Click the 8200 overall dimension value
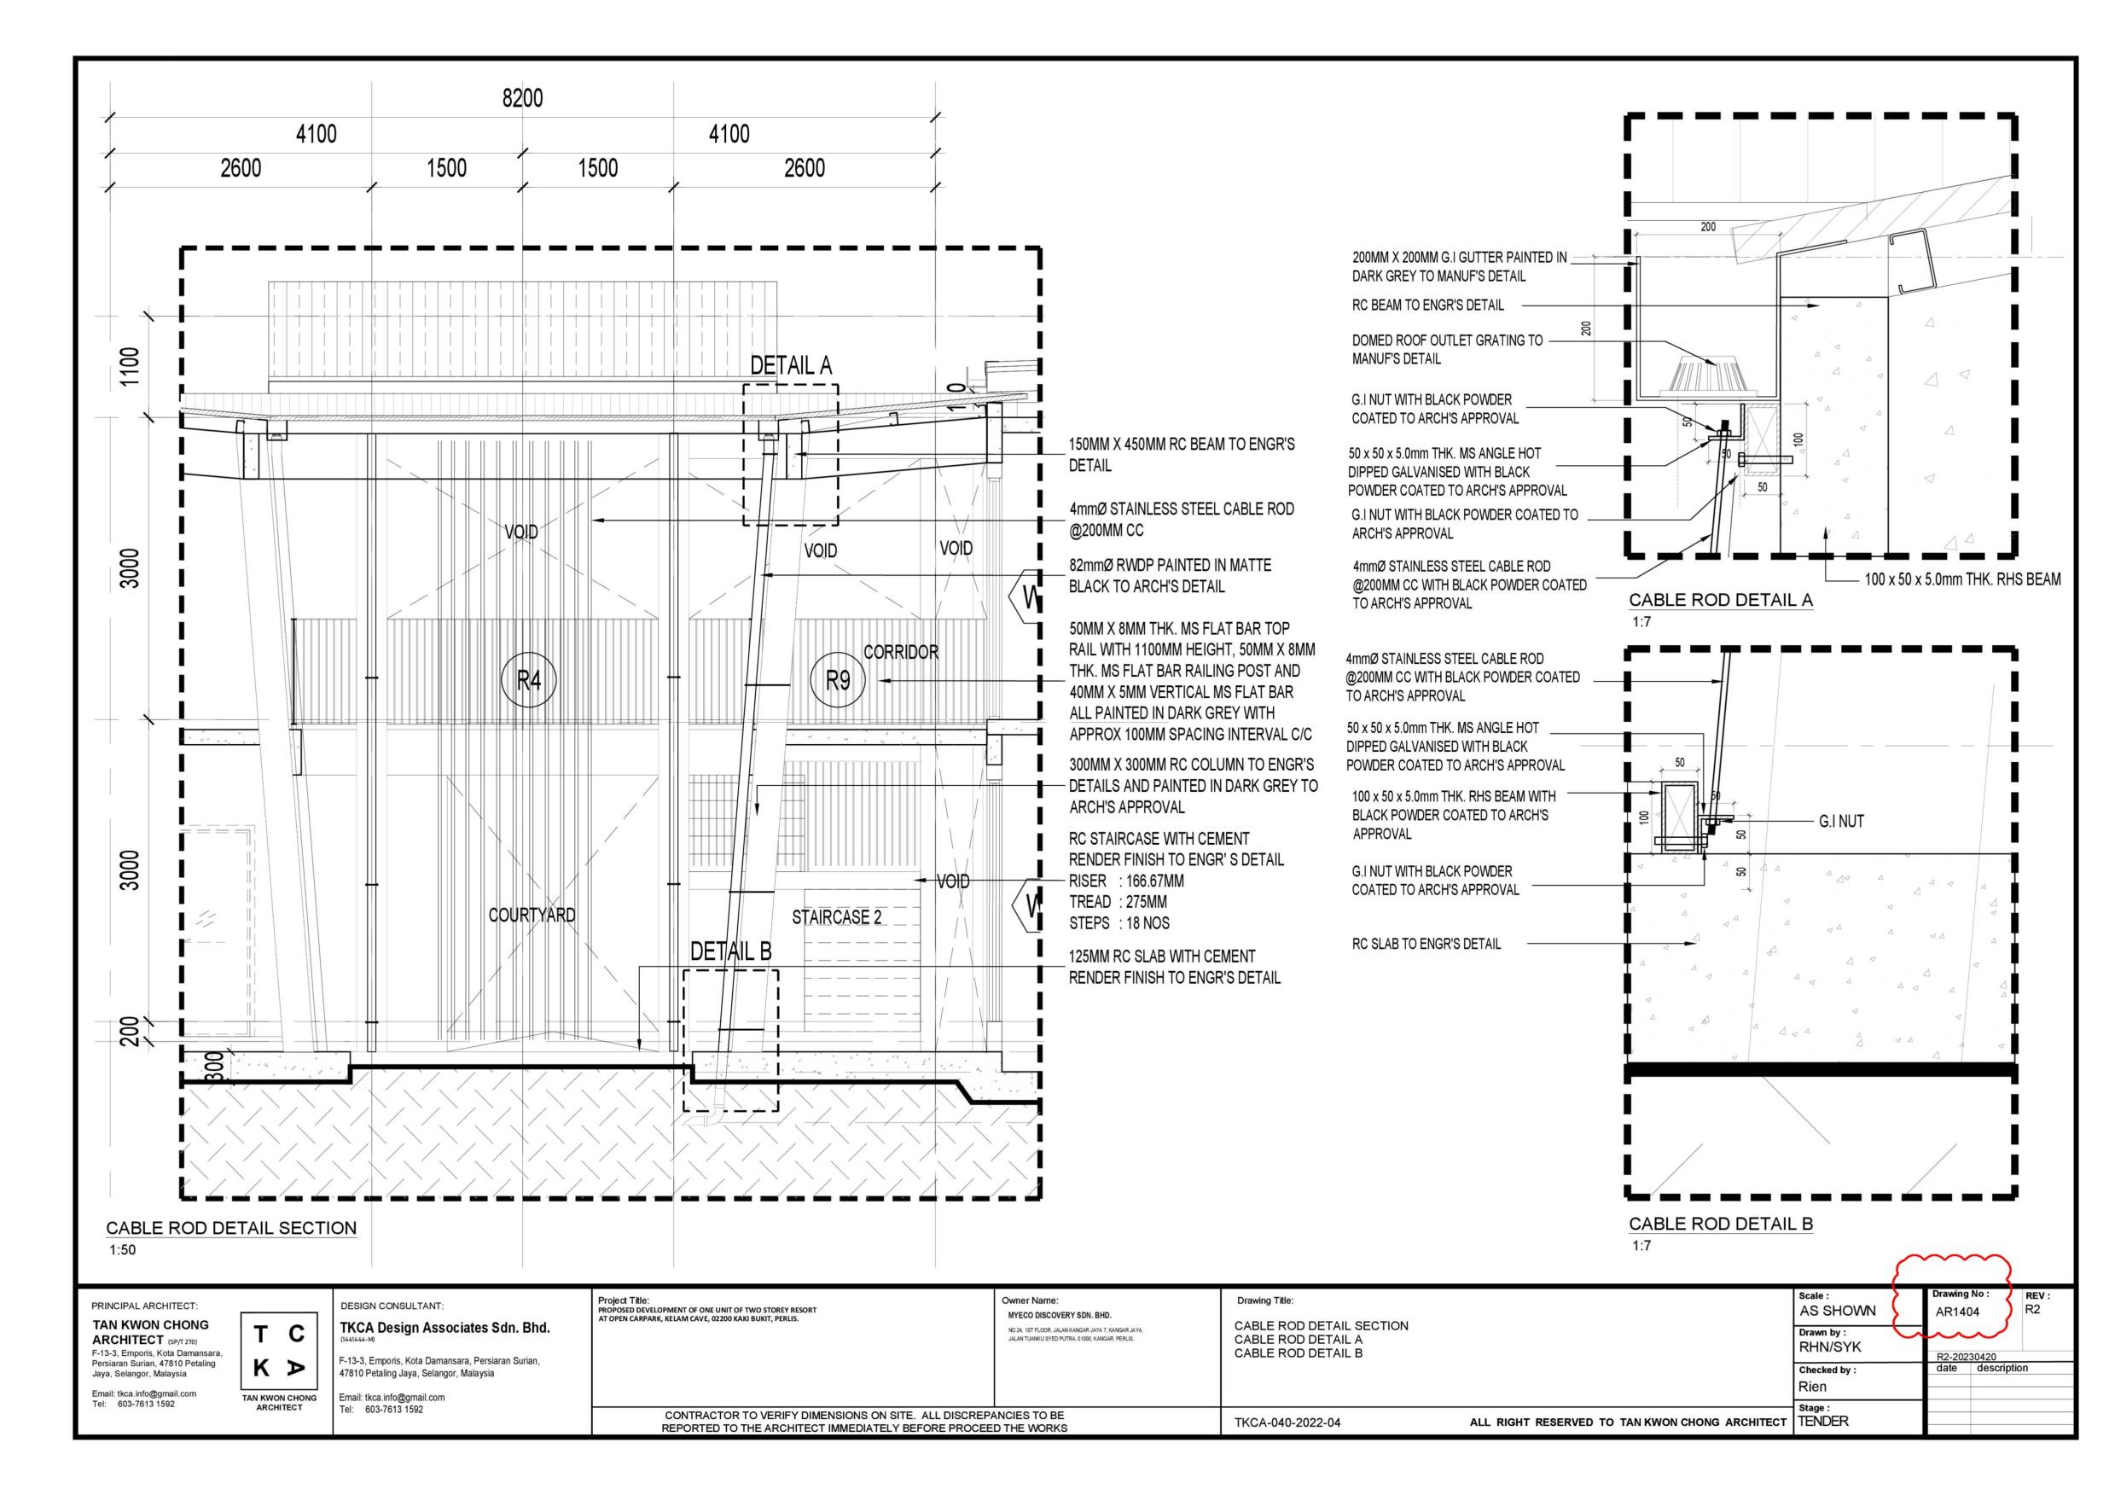click(522, 99)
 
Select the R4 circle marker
click(529, 681)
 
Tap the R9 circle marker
click(837, 681)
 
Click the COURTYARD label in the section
click(532, 915)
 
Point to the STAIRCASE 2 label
click(836, 917)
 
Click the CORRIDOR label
click(901, 652)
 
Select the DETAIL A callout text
click(790, 366)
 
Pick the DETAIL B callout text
click(730, 951)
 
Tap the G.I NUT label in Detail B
click(1840, 822)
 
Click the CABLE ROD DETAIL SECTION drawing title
click(231, 1228)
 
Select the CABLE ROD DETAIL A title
click(1720, 600)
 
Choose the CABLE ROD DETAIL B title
click(1720, 1224)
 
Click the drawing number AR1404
click(1956, 1312)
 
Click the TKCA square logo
click(279, 1352)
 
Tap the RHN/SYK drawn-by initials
click(1829, 1347)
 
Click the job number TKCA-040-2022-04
click(1287, 1422)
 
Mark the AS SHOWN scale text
click(1837, 1311)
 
